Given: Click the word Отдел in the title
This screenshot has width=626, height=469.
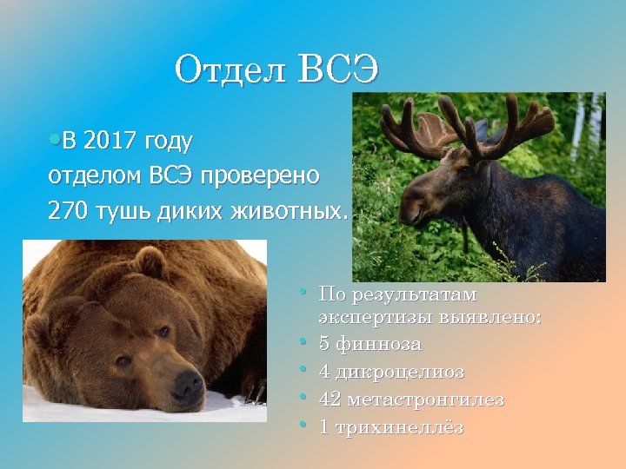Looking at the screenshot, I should [230, 69].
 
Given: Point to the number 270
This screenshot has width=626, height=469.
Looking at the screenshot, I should [68, 209].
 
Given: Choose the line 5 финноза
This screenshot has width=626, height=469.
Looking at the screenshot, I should [370, 345].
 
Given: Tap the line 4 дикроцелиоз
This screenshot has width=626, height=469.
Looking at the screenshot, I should [391, 373].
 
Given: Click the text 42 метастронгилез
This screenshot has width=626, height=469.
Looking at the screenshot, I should [411, 400].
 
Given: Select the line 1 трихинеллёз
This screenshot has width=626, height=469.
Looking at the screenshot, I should [391, 427].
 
